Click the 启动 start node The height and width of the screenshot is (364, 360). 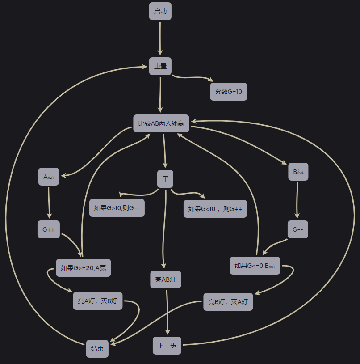(160, 11)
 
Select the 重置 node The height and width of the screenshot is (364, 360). (160, 66)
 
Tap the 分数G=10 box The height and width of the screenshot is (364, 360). (229, 92)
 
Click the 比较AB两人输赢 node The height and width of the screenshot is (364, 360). (161, 123)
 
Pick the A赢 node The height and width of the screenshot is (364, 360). (49, 177)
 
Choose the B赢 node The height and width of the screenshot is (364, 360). (298, 172)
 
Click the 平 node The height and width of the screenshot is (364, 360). (165, 179)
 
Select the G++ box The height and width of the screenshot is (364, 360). (49, 229)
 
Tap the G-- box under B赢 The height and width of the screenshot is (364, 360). (298, 229)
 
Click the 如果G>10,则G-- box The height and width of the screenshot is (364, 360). (117, 208)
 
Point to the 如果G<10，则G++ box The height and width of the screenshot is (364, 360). (215, 209)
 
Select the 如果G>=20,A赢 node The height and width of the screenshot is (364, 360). (84, 268)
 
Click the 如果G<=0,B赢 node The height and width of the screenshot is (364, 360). (255, 266)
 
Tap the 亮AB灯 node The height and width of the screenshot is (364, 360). (166, 279)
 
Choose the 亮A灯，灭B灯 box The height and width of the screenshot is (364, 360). (98, 301)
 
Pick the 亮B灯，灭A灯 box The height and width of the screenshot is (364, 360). (228, 302)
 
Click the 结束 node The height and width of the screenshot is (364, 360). (97, 349)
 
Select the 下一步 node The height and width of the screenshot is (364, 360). (167, 346)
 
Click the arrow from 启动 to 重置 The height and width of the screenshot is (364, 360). (160, 39)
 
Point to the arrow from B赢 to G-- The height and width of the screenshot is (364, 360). (297, 201)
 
